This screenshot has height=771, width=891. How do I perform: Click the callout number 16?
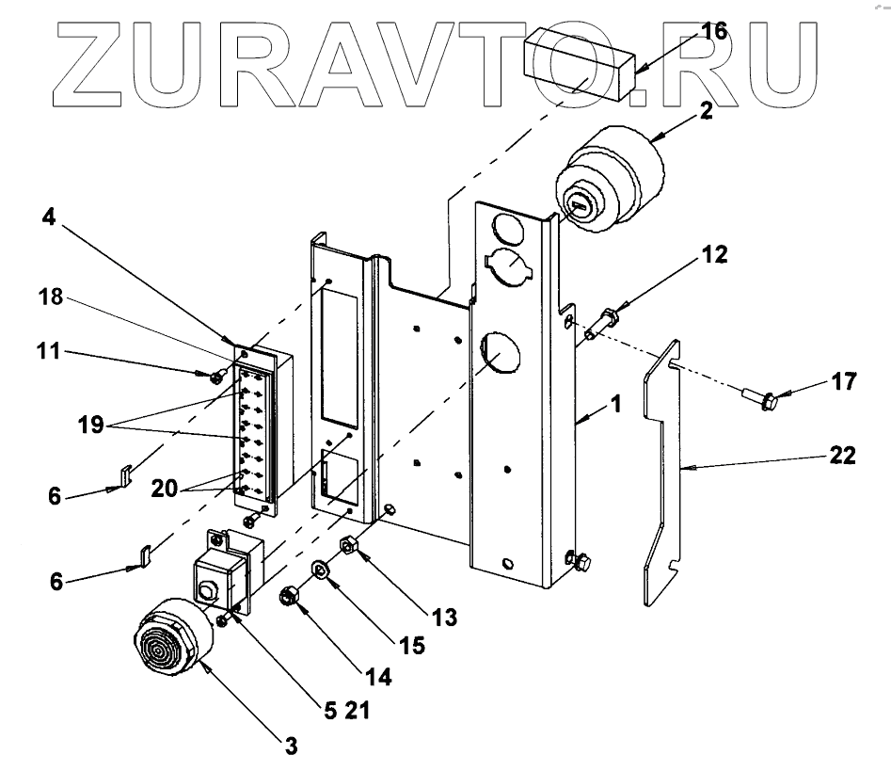713,31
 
